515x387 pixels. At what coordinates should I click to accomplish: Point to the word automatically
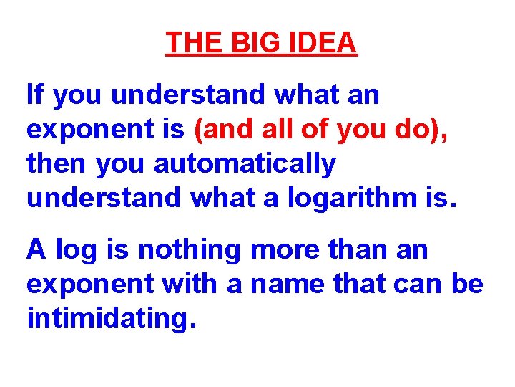[x=245, y=164]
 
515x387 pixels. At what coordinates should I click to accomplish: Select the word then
[x=57, y=164]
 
